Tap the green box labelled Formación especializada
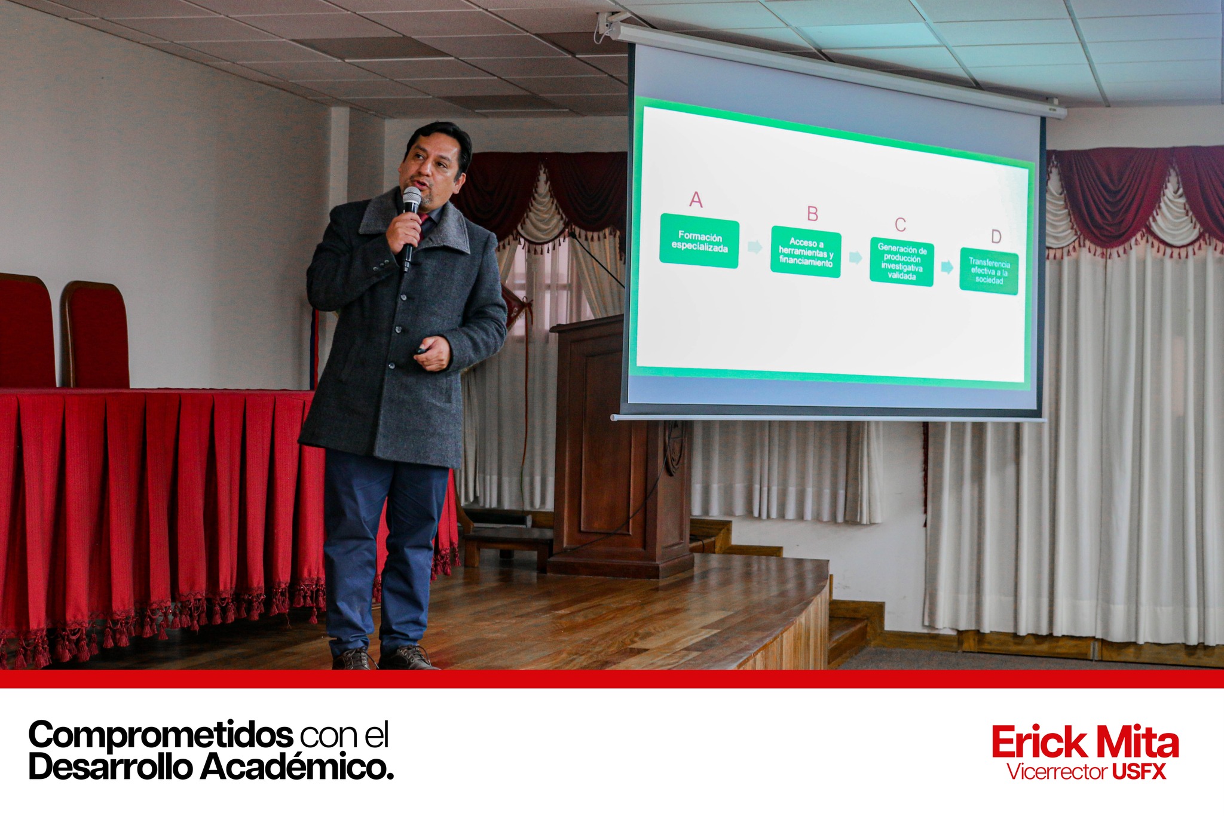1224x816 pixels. (699, 242)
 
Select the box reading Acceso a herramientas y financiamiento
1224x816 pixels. (806, 252)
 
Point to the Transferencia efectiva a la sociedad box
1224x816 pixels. (989, 271)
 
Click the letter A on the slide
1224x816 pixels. (696, 200)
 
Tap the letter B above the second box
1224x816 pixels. (812, 213)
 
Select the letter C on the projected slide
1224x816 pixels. (900, 225)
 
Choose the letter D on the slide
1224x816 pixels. (996, 237)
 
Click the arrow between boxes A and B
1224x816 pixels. (755, 247)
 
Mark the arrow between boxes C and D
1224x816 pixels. (947, 267)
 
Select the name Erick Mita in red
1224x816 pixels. (1085, 743)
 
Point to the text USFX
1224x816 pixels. (1139, 772)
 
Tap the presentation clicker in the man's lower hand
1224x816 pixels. (422, 351)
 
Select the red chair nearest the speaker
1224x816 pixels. (96, 335)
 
